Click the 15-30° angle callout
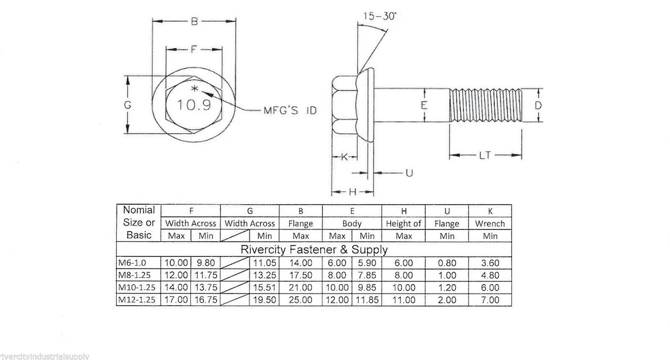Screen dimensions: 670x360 pyautogui.click(x=380, y=16)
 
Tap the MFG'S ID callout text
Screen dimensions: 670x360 pyautogui.click(x=290, y=111)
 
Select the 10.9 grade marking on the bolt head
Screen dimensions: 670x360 pyautogui.click(x=194, y=105)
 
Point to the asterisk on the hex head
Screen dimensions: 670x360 pyautogui.click(x=195, y=89)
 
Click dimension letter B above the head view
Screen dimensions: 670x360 pyautogui.click(x=194, y=22)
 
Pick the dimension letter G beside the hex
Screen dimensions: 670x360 pyautogui.click(x=128, y=105)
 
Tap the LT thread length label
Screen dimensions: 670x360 pyautogui.click(x=485, y=155)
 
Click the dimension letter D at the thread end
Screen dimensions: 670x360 pyautogui.click(x=538, y=105)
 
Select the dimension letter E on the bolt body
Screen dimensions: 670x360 pyautogui.click(x=424, y=105)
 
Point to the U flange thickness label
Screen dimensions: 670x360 pyautogui.click(x=409, y=173)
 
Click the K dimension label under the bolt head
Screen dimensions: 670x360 pyautogui.click(x=344, y=157)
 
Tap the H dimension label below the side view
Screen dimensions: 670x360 pyautogui.click(x=353, y=191)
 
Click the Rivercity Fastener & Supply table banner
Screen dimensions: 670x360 pyautogui.click(x=314, y=249)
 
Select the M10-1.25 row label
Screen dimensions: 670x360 pyautogui.click(x=137, y=287)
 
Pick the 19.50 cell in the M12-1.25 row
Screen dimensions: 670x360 pyautogui.click(x=265, y=300)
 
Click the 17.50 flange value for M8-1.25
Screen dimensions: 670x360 pyautogui.click(x=300, y=275)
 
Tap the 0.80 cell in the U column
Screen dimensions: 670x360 pyautogui.click(x=447, y=263)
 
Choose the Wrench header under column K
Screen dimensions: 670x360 pyautogui.click(x=490, y=224)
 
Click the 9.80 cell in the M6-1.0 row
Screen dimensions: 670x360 pyautogui.click(x=206, y=263)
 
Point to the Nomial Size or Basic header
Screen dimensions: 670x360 pyautogui.click(x=139, y=223)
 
